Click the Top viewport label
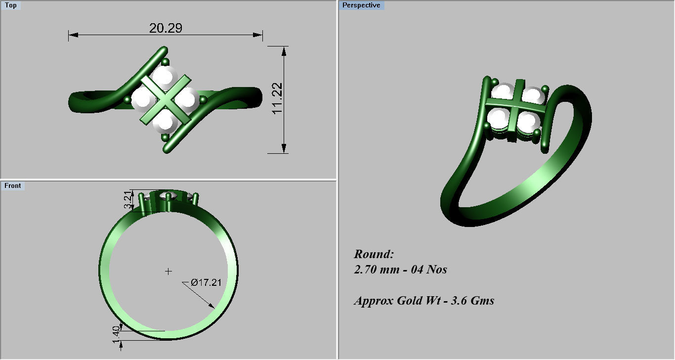pyautogui.click(x=10, y=5)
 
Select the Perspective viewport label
pyautogui.click(x=361, y=5)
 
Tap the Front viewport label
pyautogui.click(x=13, y=186)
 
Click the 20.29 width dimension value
pyautogui.click(x=166, y=28)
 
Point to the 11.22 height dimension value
pyautogui.click(x=278, y=98)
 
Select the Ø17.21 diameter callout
pyautogui.click(x=205, y=282)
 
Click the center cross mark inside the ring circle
pyautogui.click(x=169, y=271)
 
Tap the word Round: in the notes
pyautogui.click(x=374, y=254)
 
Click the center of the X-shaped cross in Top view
pyautogui.click(x=166, y=100)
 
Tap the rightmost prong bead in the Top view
pyautogui.click(x=203, y=100)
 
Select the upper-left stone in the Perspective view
pyautogui.click(x=502, y=93)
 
